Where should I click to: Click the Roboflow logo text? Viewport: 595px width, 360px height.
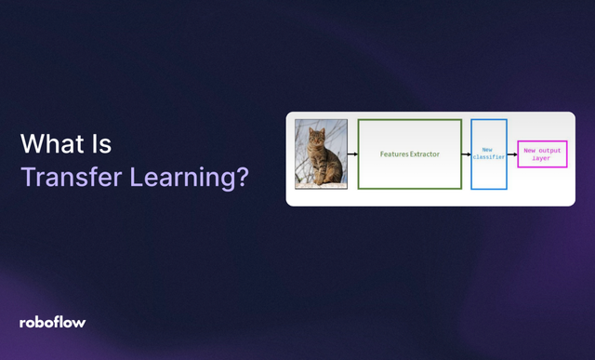[x=53, y=322]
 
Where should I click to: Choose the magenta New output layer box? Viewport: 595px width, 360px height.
[x=542, y=153]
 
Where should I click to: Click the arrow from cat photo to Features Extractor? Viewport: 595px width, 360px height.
[x=352, y=154]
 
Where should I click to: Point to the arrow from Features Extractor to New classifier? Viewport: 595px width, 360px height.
[x=466, y=154]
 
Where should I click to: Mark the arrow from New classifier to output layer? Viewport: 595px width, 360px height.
[x=512, y=154]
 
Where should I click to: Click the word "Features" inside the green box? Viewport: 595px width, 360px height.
[x=394, y=153]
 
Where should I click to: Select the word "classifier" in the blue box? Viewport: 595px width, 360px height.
[x=488, y=158]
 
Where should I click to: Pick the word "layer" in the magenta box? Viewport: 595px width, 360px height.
[x=542, y=158]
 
